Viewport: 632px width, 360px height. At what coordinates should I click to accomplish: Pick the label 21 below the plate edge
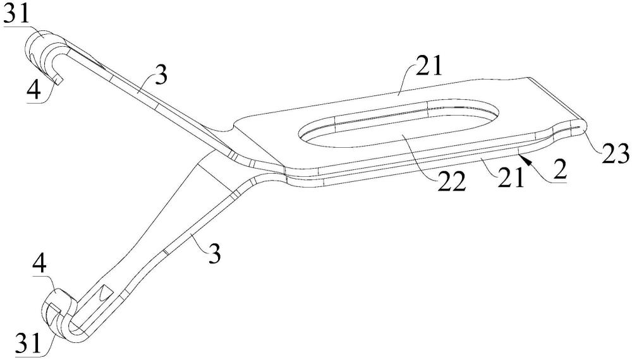pos(510,179)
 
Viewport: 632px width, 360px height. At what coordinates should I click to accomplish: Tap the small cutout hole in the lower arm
pos(105,294)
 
